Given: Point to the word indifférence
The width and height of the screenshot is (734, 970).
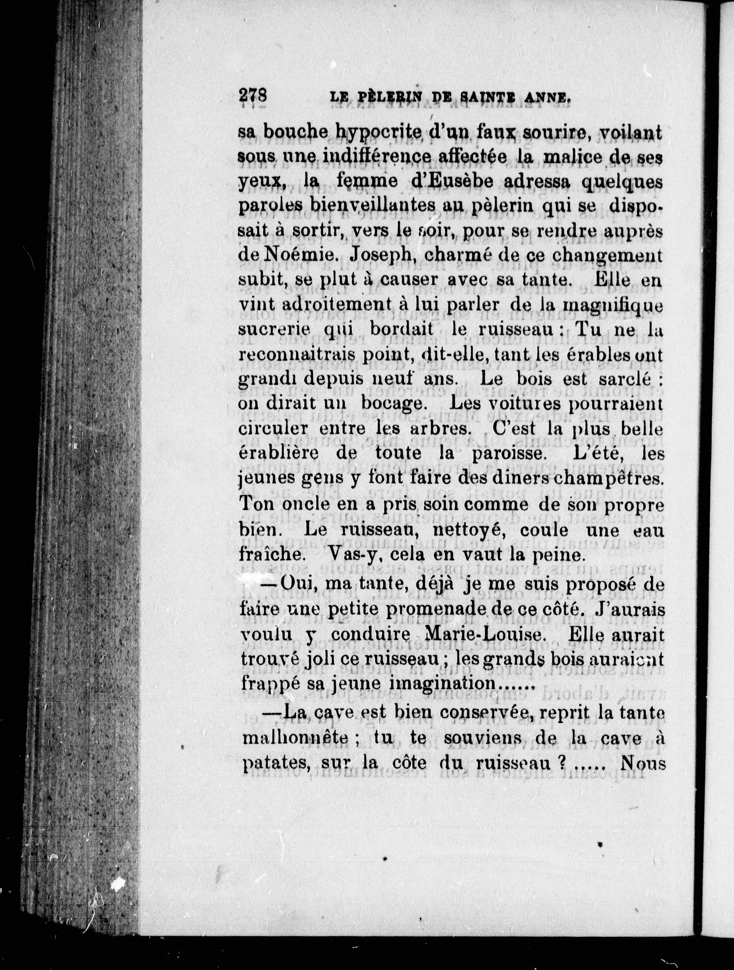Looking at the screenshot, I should click(359, 157).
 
